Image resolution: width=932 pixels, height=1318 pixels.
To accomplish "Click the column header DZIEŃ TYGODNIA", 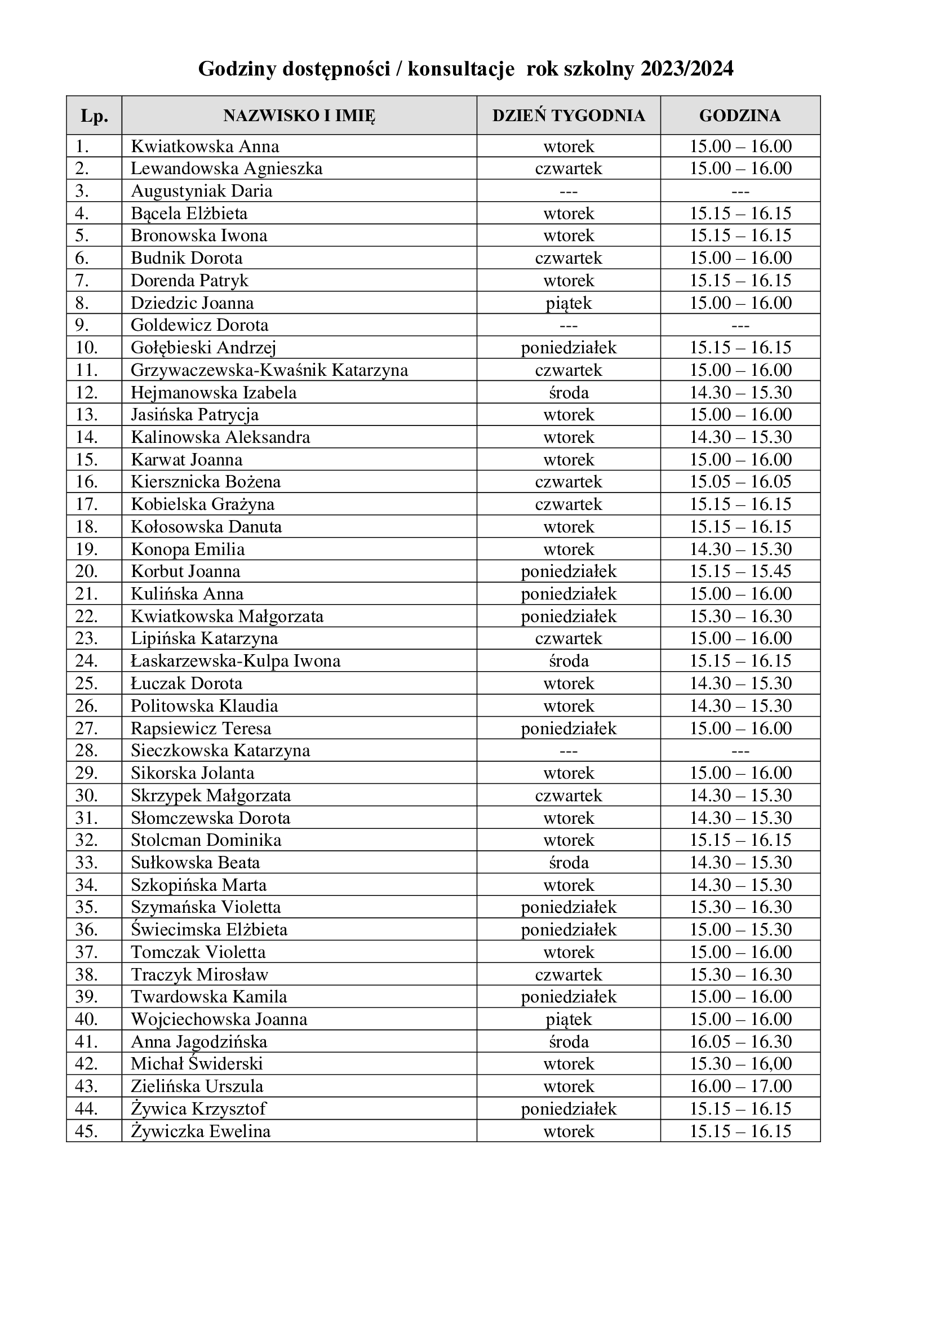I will [x=568, y=116].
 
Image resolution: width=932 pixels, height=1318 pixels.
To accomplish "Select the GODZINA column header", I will [x=740, y=116].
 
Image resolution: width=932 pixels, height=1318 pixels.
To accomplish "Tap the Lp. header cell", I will [x=94, y=116].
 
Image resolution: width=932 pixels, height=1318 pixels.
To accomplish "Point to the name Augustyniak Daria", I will [x=201, y=190].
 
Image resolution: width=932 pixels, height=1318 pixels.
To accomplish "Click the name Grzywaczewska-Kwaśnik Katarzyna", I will [x=269, y=370].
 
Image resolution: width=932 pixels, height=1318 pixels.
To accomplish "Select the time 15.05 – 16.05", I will [x=740, y=481].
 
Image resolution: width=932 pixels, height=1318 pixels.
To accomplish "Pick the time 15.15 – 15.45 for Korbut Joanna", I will [x=740, y=571].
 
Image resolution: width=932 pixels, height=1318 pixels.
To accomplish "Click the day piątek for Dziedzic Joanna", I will [x=568, y=303].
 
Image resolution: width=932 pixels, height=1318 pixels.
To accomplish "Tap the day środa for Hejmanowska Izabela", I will [x=568, y=392].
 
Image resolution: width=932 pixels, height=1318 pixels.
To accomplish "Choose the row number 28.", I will [x=86, y=750].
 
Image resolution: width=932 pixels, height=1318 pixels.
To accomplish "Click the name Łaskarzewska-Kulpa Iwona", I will [x=236, y=661].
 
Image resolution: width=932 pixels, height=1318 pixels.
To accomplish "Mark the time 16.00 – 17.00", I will [x=740, y=1086].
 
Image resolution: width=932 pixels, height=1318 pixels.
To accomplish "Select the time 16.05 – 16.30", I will [x=740, y=1041].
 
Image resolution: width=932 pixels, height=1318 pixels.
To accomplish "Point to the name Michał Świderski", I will [x=196, y=1064].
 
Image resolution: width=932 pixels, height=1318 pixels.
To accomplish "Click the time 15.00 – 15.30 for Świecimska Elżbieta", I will [x=740, y=929].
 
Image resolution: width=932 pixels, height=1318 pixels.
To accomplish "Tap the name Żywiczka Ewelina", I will [x=200, y=1131].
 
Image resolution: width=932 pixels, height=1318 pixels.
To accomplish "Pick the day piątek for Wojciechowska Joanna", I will [x=568, y=1019].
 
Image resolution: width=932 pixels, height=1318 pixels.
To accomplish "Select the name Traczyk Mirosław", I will [x=199, y=974].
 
